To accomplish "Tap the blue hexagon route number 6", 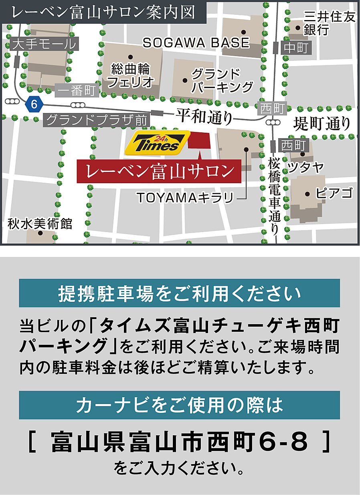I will [34, 105].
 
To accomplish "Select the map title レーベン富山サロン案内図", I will [103, 12].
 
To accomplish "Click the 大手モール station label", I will [44, 44].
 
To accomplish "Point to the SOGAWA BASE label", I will [196, 43].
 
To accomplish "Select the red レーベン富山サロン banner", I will [160, 172].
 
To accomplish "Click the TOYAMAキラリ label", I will [185, 198].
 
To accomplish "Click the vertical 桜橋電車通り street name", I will [274, 196].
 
